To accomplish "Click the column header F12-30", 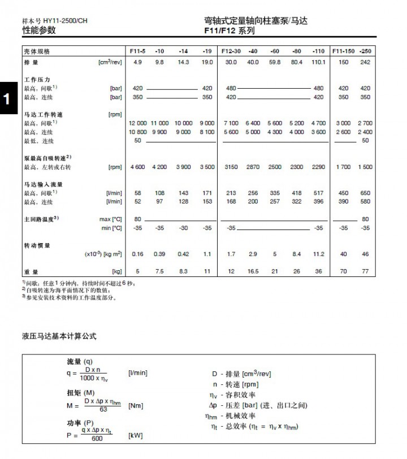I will point(231,51).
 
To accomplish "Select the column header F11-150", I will point(343,51).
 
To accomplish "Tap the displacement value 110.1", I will point(319,62).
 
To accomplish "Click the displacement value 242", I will point(366,62).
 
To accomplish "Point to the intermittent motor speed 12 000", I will point(137,123).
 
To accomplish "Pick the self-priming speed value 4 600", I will point(137,167).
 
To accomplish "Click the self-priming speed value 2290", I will point(319,167).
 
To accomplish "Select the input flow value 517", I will point(319,193).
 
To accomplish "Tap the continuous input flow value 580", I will point(366,202).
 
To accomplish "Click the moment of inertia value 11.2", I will point(319,254).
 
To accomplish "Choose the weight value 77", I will point(366,271).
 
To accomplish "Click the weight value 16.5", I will point(253,271).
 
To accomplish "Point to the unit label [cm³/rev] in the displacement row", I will point(110,62).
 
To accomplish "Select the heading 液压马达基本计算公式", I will point(59,336).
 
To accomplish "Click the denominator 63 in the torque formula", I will point(103,410).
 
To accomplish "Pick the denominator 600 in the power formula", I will point(97,439).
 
